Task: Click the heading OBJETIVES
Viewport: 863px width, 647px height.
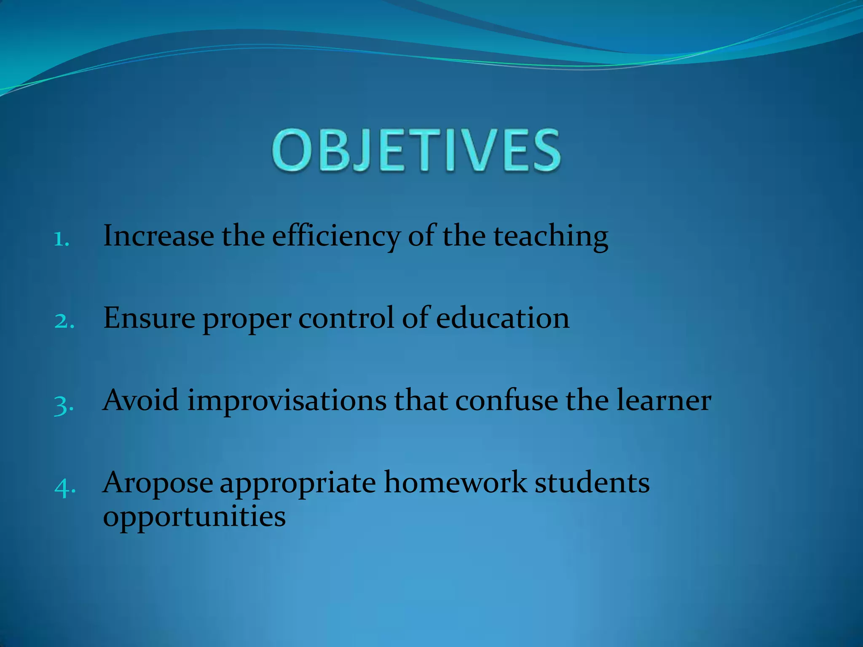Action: (x=416, y=150)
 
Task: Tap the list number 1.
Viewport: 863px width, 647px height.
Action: (x=62, y=240)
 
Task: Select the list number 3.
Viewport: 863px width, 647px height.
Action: (x=64, y=405)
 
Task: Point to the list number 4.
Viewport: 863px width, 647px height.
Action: (x=65, y=487)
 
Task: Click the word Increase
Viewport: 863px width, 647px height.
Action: (x=158, y=236)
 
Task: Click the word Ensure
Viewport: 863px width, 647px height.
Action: (x=149, y=318)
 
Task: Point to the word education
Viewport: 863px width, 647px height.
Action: (x=502, y=318)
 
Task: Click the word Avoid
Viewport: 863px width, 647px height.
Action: (x=141, y=400)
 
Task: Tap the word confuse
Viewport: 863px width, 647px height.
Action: (x=506, y=400)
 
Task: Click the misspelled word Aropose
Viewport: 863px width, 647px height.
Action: (x=158, y=484)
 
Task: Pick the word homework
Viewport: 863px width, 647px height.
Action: (x=455, y=483)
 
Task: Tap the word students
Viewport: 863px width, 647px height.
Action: (x=592, y=483)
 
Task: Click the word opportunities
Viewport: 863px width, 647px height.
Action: (x=194, y=517)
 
